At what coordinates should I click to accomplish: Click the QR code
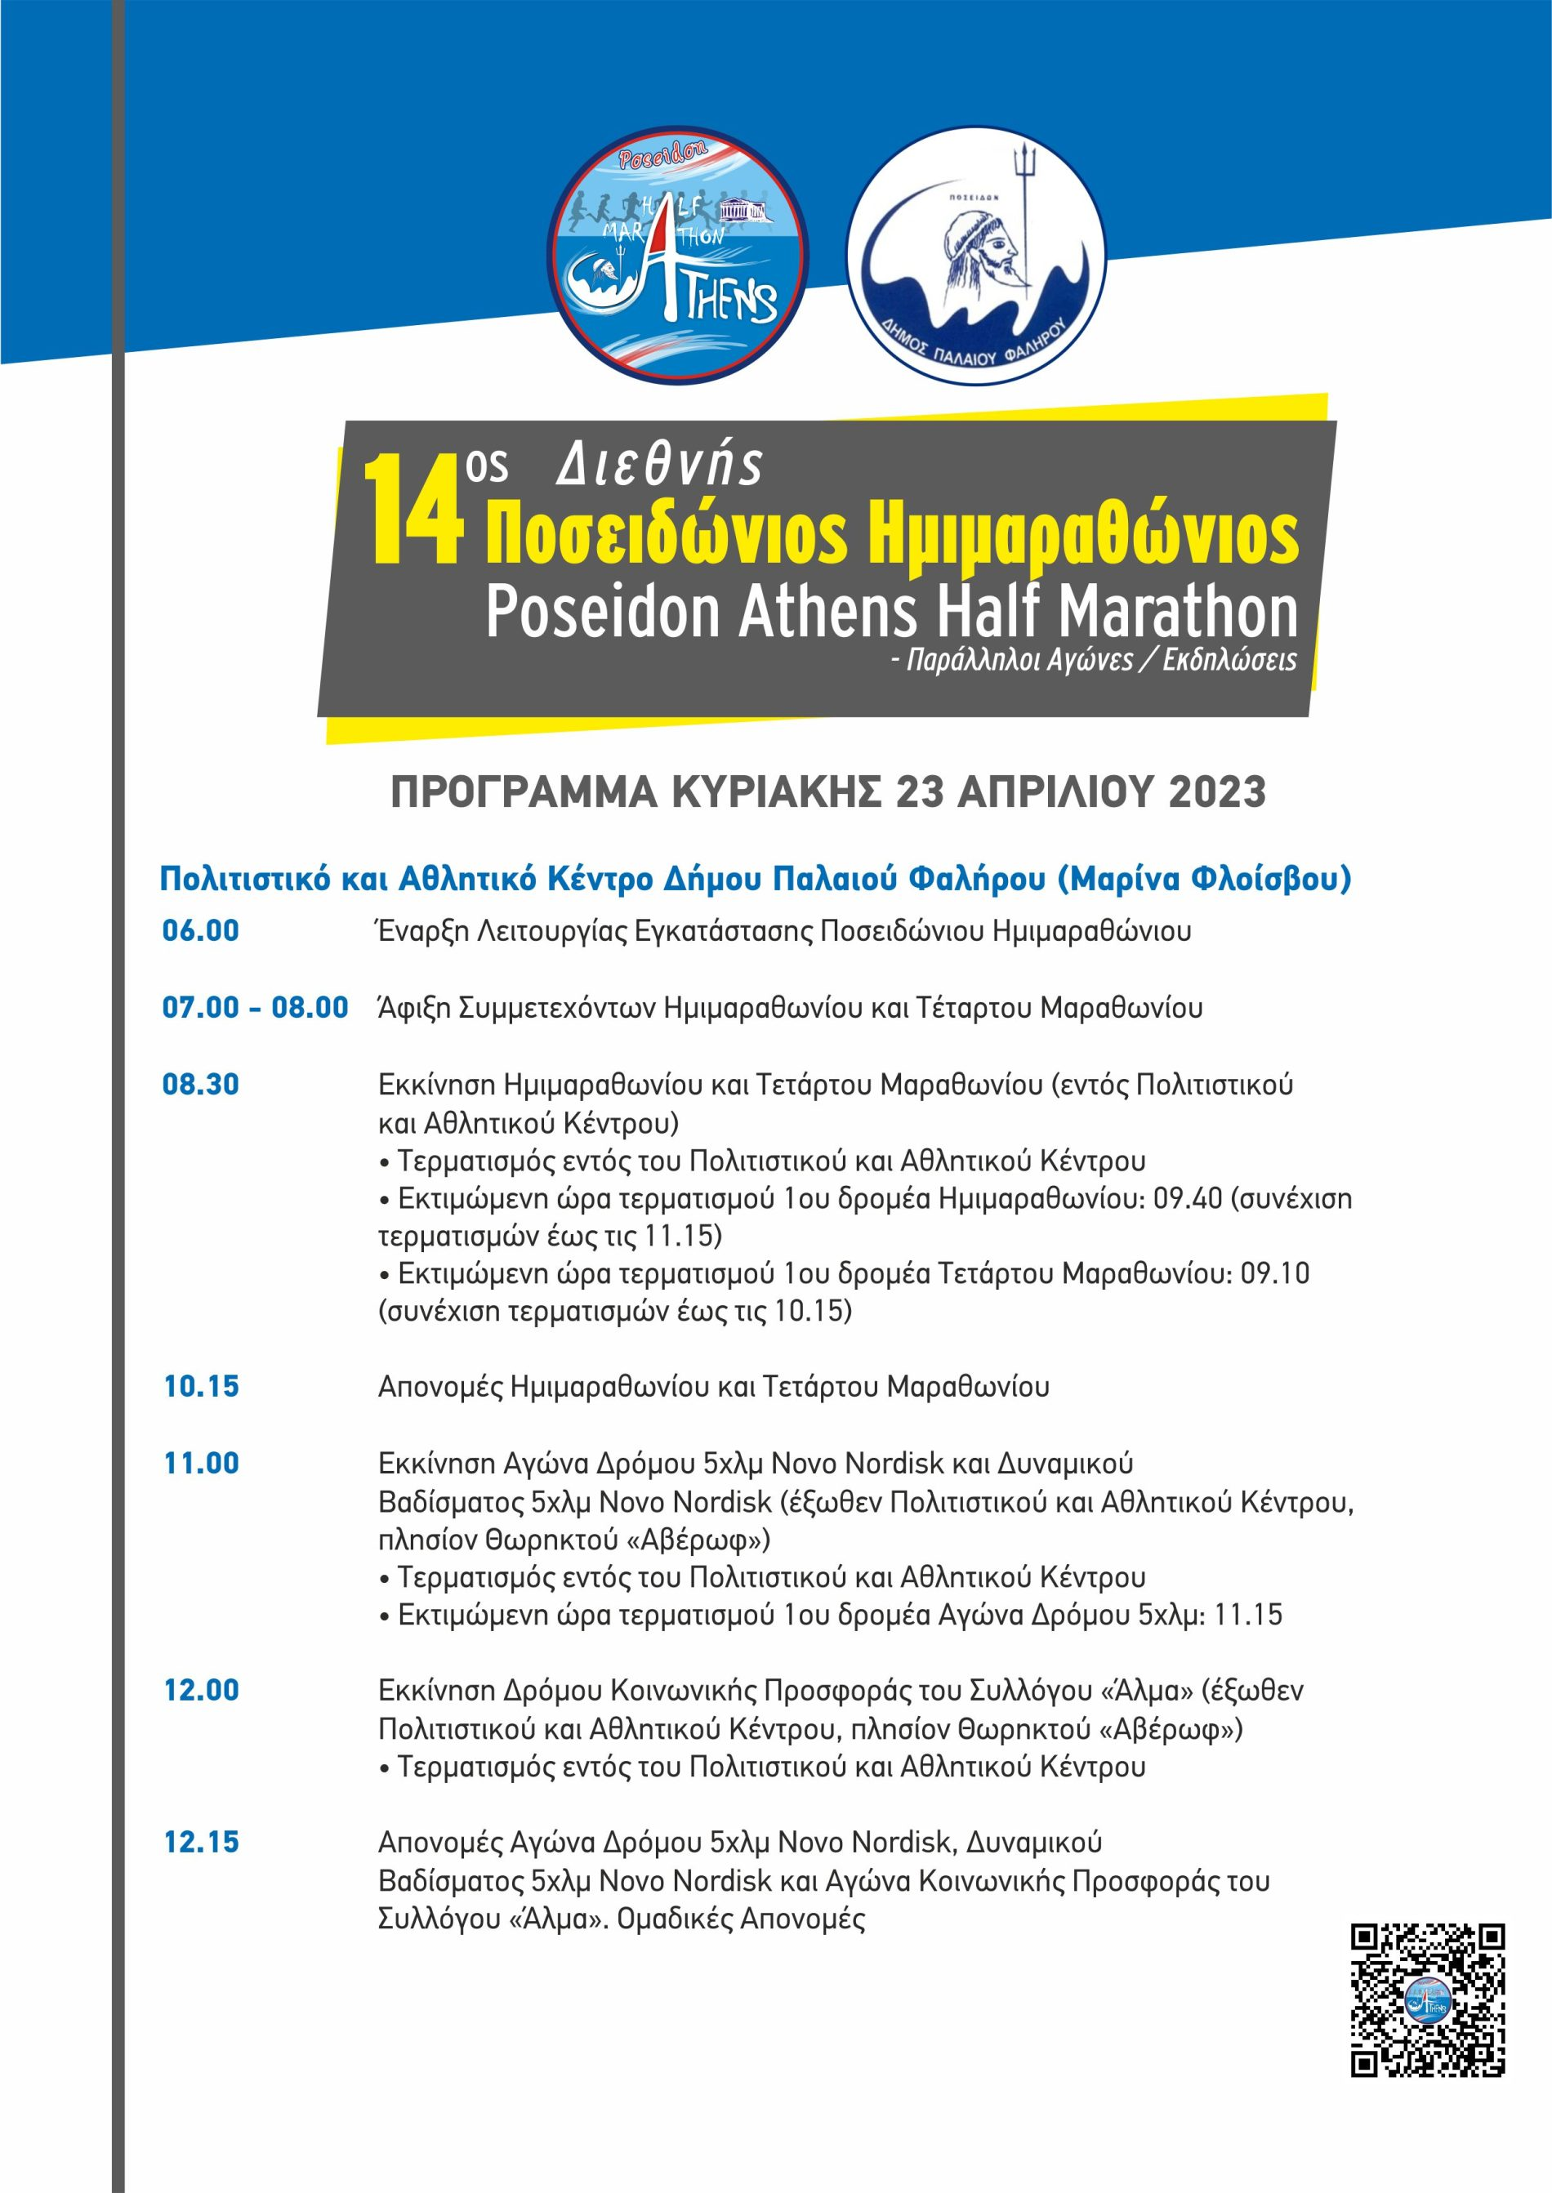(x=1427, y=2000)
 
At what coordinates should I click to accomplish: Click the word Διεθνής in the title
(x=659, y=466)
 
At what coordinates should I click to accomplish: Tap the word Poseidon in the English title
(x=602, y=612)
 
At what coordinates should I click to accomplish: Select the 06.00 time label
(x=201, y=931)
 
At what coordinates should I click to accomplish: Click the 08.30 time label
(x=201, y=1085)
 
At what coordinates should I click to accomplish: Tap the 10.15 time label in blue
(x=201, y=1387)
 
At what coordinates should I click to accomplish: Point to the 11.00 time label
(x=201, y=1463)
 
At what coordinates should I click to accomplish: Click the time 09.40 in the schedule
(x=1187, y=1198)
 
